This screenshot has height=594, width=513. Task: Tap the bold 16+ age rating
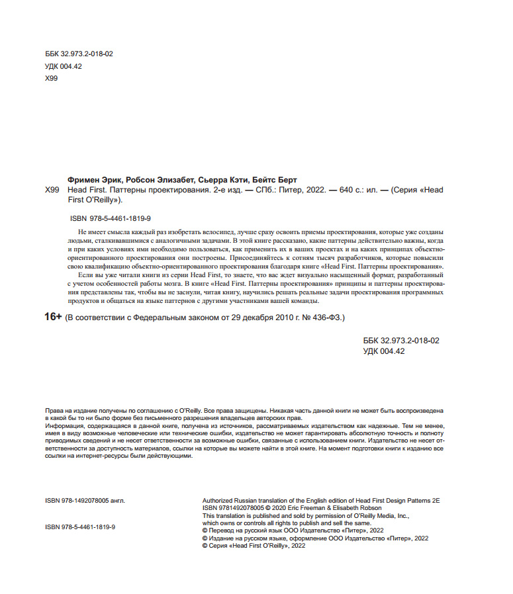[x=53, y=318]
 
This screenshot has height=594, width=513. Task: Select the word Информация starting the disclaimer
[x=64, y=426]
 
